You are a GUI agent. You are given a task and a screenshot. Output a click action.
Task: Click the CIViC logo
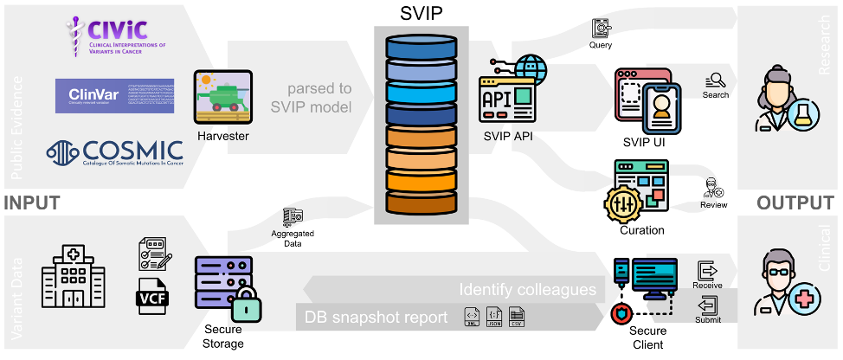point(118,37)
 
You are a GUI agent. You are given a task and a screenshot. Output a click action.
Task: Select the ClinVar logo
point(113,94)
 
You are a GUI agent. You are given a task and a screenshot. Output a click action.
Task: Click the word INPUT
point(33,204)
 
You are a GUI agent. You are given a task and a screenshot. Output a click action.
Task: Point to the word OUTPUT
point(795,204)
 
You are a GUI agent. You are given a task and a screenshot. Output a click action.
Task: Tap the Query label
point(601,45)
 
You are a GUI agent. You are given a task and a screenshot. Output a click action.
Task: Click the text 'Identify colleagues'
point(528,289)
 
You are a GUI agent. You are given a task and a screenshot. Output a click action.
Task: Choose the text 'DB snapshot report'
point(376,317)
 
